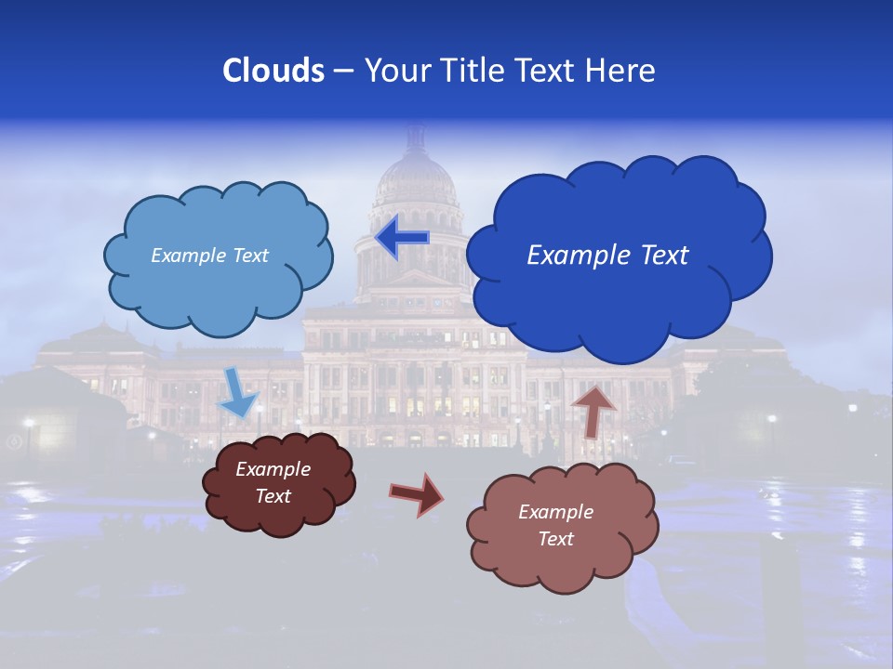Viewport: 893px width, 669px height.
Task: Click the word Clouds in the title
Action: (x=273, y=71)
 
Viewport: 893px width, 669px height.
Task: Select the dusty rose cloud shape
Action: (x=558, y=557)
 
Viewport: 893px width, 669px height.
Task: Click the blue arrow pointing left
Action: (x=402, y=238)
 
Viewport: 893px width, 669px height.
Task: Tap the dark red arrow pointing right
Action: (x=416, y=493)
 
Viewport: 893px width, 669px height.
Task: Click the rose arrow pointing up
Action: (x=593, y=410)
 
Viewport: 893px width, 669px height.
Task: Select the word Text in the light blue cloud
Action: (x=248, y=256)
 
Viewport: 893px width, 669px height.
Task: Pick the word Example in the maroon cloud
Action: (x=273, y=469)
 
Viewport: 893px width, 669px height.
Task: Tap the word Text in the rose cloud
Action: (x=556, y=539)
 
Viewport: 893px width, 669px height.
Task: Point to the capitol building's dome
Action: (x=415, y=177)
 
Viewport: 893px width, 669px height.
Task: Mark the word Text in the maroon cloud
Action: (x=273, y=496)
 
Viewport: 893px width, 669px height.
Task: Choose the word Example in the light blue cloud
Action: (x=188, y=256)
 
